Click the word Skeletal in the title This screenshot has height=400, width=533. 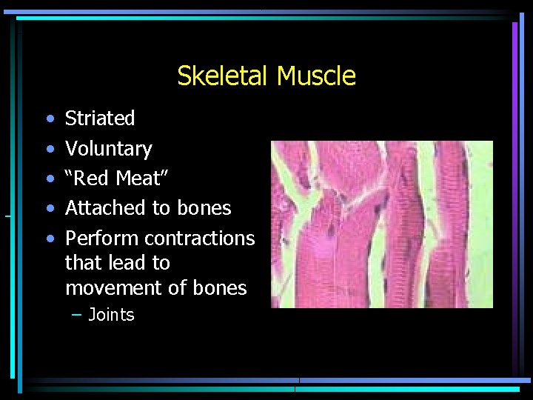224,76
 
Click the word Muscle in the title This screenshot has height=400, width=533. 316,76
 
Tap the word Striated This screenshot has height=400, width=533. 100,118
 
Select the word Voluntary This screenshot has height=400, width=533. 109,149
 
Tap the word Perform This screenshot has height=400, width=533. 102,239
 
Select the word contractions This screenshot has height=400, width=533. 200,239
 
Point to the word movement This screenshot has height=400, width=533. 111,288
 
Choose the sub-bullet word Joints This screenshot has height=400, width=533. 111,315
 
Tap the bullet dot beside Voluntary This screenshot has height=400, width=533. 49,150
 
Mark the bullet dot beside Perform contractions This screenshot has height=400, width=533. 49,239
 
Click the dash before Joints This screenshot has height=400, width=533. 77,315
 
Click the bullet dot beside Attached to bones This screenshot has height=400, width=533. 49,209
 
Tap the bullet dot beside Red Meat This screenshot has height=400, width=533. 49,179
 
